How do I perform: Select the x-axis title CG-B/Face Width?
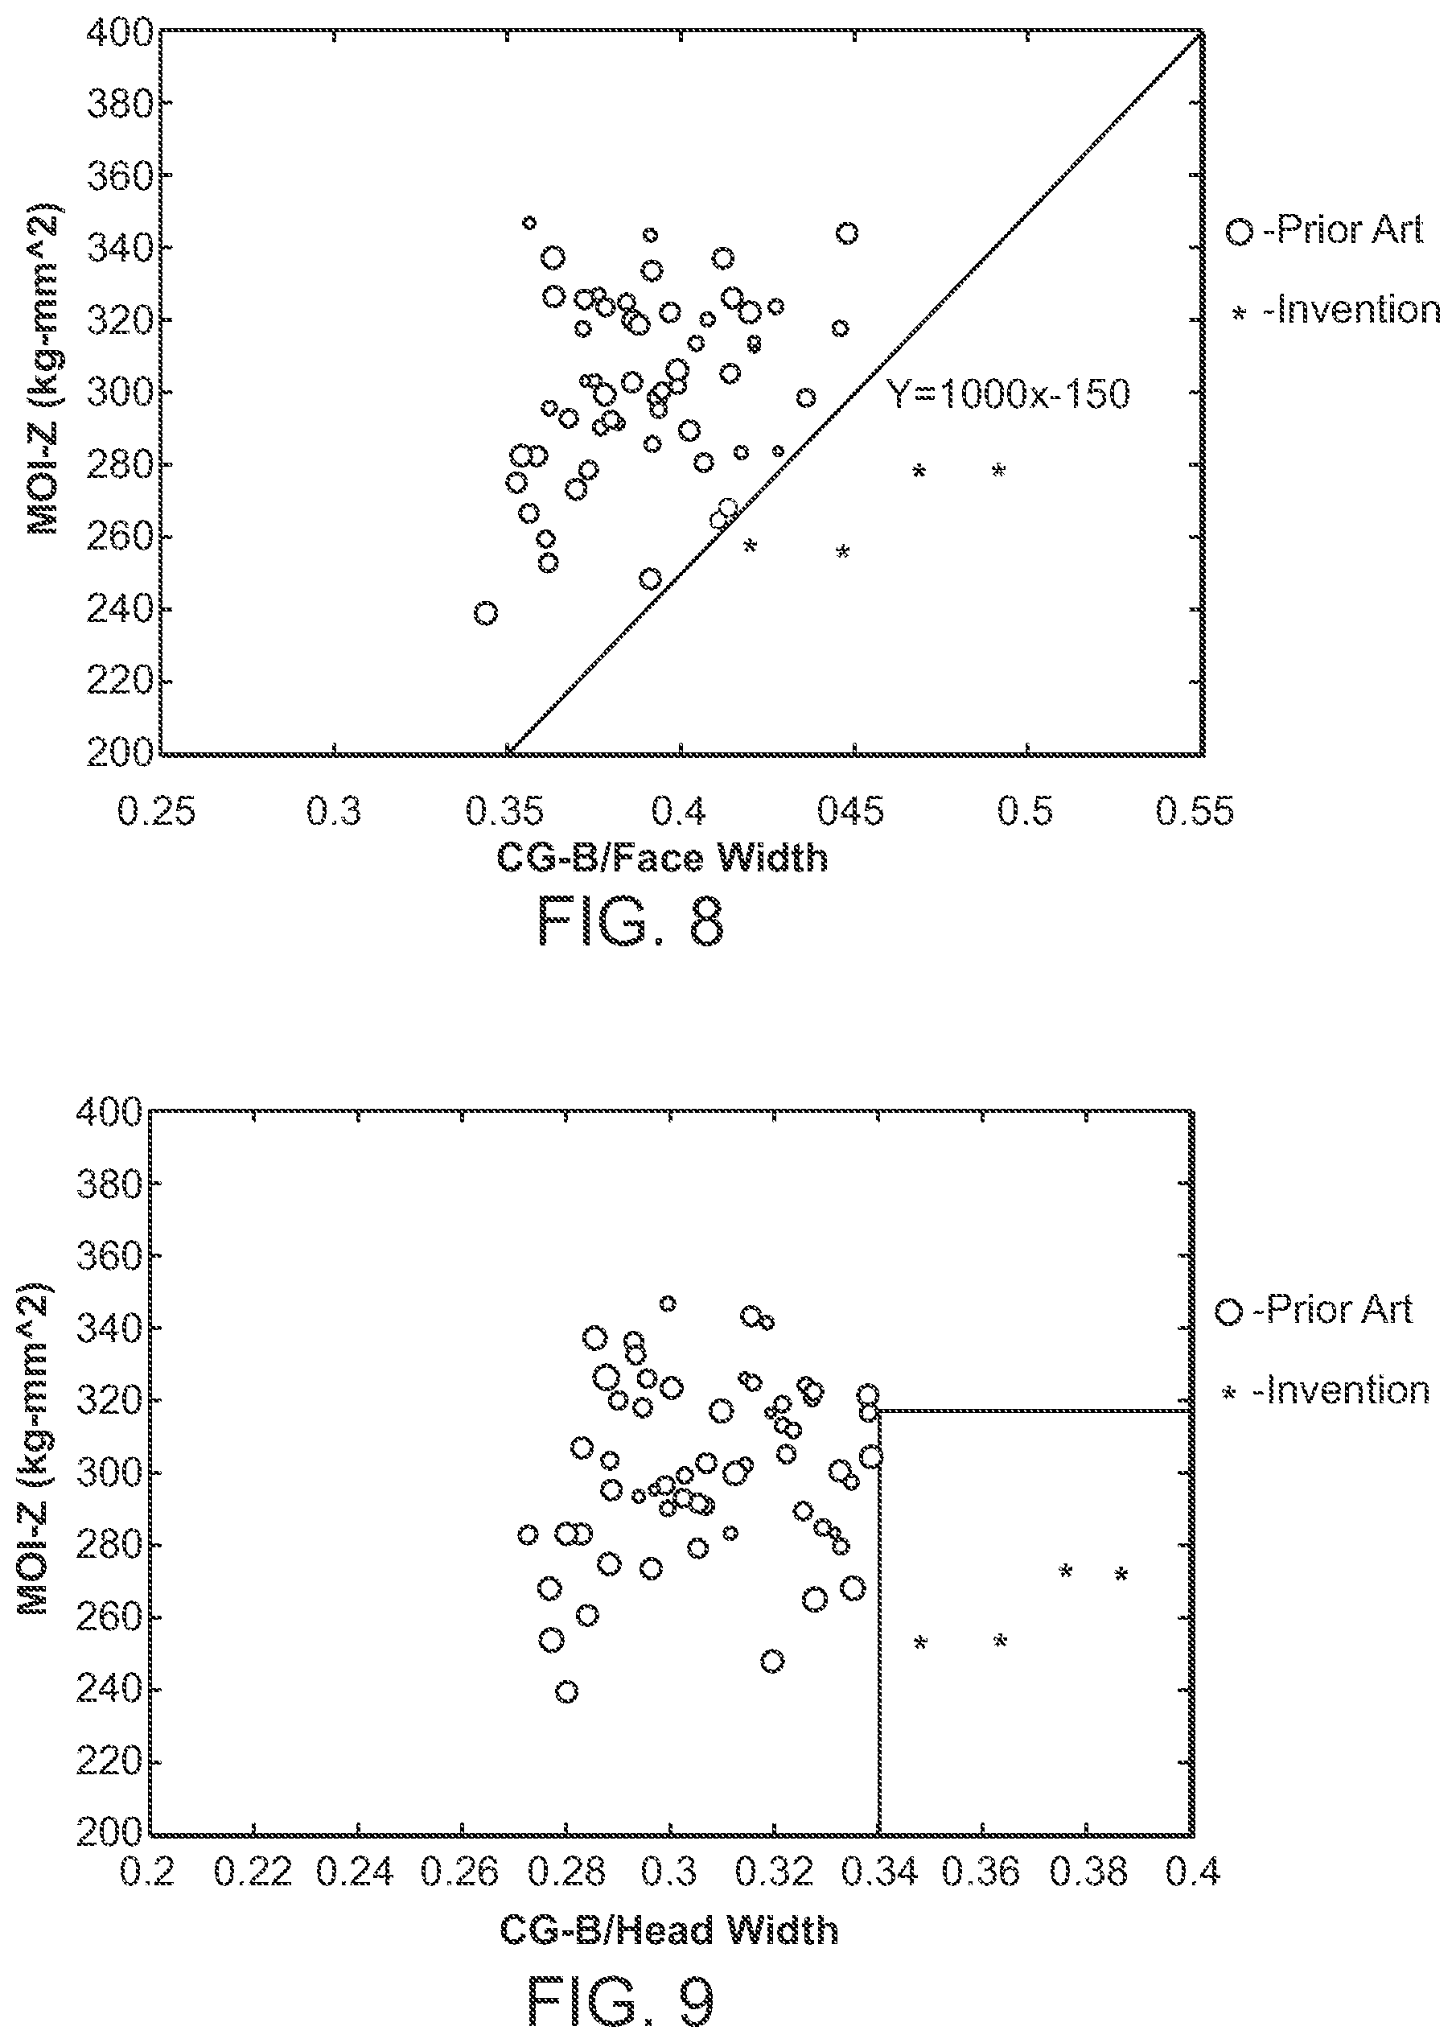pos(662,859)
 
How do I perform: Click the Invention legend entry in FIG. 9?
pos(1326,1390)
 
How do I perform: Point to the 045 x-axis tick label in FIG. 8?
pos(850,812)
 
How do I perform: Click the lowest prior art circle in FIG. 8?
pos(485,613)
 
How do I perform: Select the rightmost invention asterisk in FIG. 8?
pos(999,471)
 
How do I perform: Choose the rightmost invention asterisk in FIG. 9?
pos(1121,1574)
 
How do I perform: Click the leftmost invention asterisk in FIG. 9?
pos(920,1642)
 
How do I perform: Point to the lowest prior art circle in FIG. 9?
pos(566,1692)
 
